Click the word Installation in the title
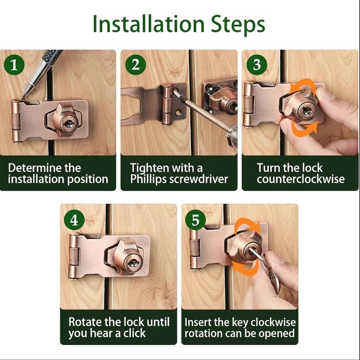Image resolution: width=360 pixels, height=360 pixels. [x=148, y=24]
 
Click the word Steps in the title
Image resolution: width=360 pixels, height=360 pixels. [x=238, y=25]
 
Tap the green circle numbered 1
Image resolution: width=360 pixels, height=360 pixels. [x=14, y=65]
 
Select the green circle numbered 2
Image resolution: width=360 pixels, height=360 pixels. [x=135, y=65]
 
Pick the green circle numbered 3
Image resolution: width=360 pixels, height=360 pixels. [x=257, y=65]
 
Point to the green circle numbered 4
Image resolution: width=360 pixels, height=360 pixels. [x=74, y=220]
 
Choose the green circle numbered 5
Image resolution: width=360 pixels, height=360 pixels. [x=196, y=220]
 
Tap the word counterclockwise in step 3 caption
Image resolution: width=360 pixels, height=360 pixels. [x=301, y=179]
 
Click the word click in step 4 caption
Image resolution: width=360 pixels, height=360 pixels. [x=135, y=333]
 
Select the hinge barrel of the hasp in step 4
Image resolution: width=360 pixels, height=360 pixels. [x=73, y=257]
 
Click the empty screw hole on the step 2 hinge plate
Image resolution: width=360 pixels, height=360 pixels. [x=177, y=113]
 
